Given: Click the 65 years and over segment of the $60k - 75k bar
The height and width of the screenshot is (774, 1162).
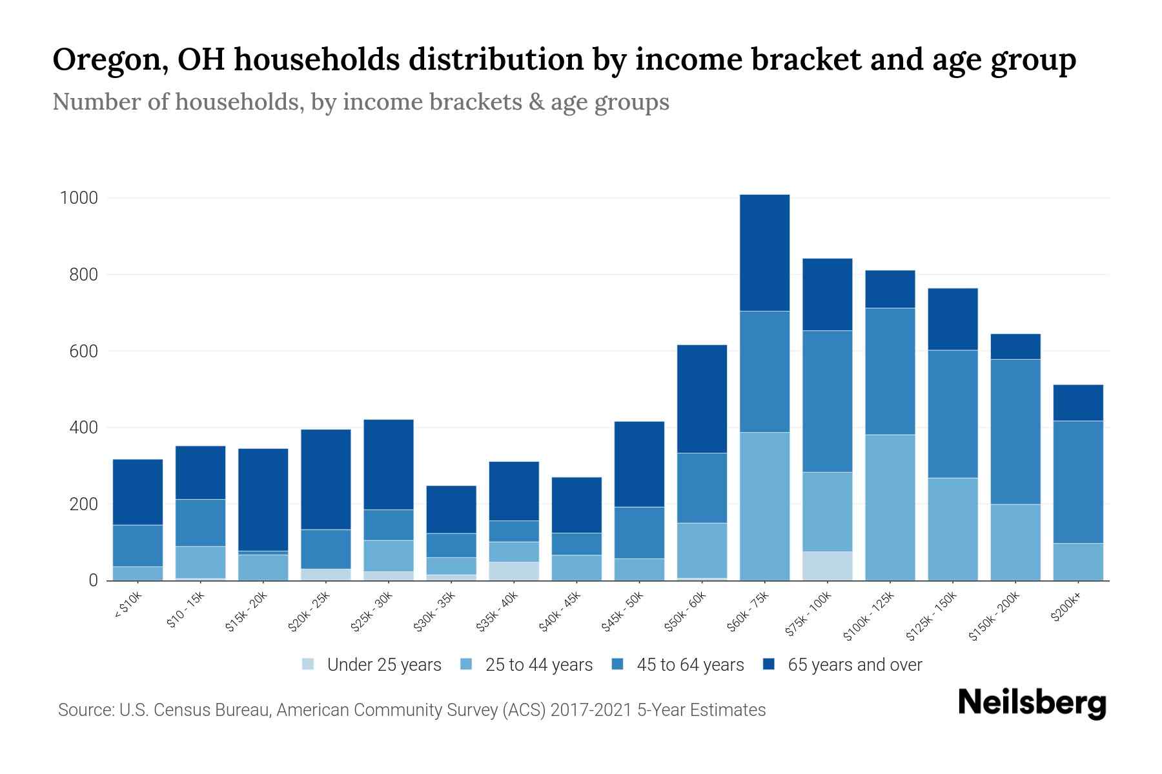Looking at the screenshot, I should pos(764,253).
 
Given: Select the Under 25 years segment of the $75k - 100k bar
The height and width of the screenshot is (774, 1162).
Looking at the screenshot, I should pos(827,566).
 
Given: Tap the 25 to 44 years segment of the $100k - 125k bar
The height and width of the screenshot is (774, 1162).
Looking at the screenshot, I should pos(890,507).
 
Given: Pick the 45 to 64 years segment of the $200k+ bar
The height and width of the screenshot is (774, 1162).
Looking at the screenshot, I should pos(1077,482).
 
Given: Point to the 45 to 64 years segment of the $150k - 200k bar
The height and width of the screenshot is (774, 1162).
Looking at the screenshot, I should pos(1015,432).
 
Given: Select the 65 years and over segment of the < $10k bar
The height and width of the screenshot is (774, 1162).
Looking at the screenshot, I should pos(138,492).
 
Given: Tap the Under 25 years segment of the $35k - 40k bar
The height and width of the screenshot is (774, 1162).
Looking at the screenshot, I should pos(514,571).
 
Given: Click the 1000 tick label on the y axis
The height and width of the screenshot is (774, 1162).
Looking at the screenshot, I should pos(79,198).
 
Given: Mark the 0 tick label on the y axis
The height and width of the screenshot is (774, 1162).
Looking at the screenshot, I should pos(93,580).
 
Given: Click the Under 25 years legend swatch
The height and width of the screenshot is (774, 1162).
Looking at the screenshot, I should pos(309,664).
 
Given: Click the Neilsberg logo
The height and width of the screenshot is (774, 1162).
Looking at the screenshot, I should pos(1032,704).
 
